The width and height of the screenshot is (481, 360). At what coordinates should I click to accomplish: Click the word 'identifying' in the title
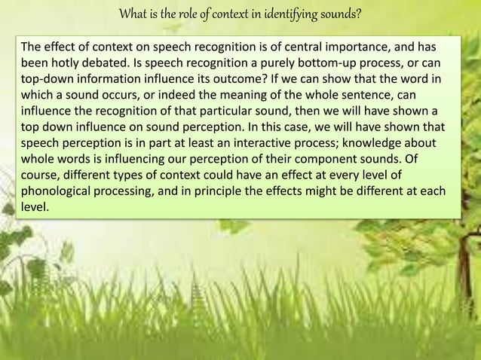click(296, 14)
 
